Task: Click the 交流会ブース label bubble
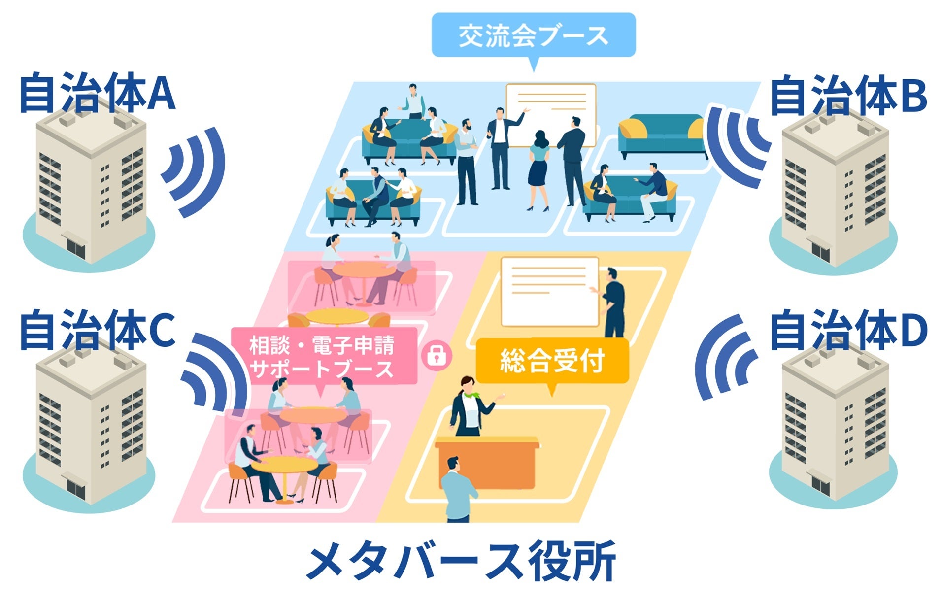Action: point(533,35)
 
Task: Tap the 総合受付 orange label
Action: point(552,361)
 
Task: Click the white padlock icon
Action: point(437,354)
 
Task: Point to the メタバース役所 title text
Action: point(461,562)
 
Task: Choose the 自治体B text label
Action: point(847,96)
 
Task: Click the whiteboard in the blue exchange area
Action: point(551,114)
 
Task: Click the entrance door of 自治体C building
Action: point(76,488)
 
